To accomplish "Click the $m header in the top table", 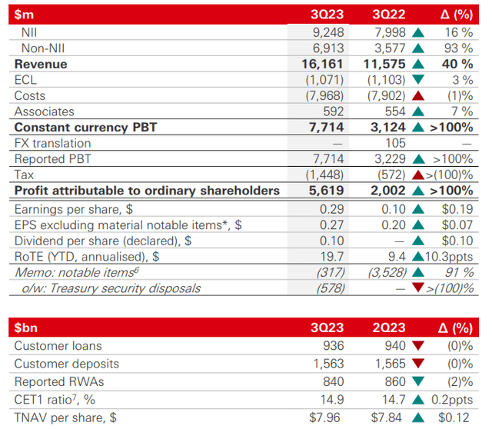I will coord(25,14).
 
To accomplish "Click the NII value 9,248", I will coord(327,32).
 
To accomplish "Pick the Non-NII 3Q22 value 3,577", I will coord(388,48).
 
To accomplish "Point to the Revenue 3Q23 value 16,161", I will coord(323,64).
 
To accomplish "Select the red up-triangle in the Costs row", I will coord(419,96).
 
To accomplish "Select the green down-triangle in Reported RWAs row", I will coord(419,382).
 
